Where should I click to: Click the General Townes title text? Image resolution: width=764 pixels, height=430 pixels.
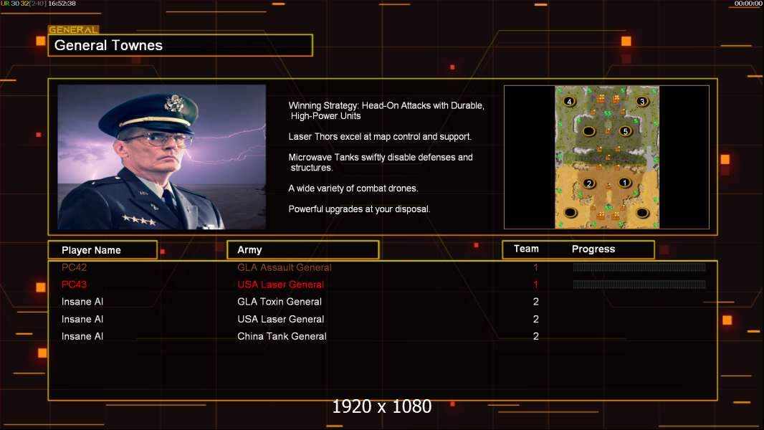coord(109,45)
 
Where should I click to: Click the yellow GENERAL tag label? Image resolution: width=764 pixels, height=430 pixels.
coord(73,30)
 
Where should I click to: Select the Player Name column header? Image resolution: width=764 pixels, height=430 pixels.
coord(91,250)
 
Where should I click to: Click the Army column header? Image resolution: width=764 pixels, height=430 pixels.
coord(249,250)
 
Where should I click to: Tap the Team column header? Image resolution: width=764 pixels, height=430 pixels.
coord(526,249)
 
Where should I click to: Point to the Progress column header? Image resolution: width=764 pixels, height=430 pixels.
coord(593,249)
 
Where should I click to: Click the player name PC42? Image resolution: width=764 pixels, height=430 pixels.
coord(75,267)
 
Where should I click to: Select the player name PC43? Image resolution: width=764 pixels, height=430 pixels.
coord(75,285)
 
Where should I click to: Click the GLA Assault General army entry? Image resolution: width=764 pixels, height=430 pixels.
coord(285,267)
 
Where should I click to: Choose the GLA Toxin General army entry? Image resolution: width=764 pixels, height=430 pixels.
coord(280,302)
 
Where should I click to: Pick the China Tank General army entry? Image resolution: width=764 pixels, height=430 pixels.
coord(282,336)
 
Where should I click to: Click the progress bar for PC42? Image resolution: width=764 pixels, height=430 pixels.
coord(639,267)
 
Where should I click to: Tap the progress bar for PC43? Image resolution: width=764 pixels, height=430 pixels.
coord(639,285)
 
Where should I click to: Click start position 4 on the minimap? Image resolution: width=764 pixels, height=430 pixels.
coord(570,102)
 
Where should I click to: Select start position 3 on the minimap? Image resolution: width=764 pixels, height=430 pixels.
coord(642,102)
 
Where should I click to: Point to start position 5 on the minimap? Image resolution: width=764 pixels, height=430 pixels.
coord(625,131)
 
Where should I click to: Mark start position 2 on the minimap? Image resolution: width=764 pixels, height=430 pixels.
coord(589,183)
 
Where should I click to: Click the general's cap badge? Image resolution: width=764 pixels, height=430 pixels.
coord(174,103)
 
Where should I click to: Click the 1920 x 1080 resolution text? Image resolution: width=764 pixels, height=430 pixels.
coord(382,407)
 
